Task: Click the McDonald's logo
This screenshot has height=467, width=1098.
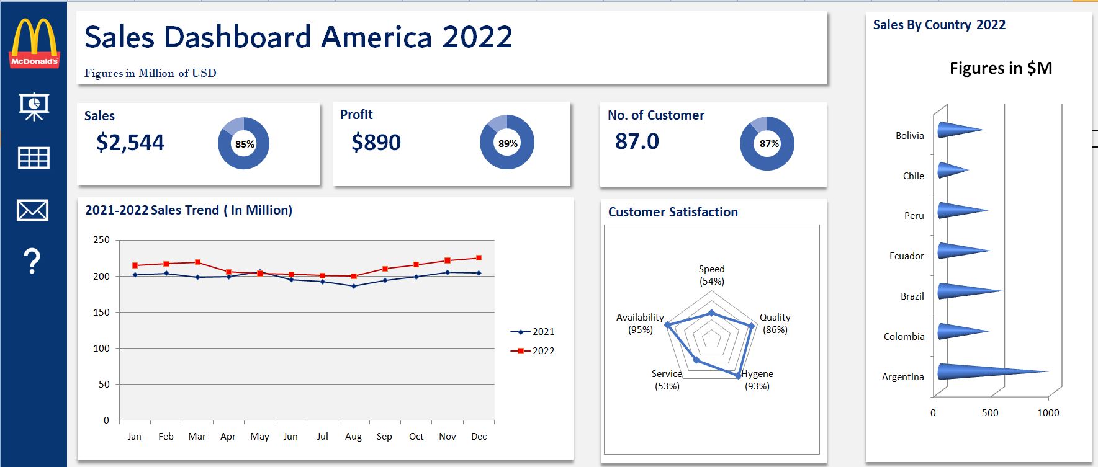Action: [x=34, y=43]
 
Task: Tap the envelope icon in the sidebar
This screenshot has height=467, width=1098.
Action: [x=33, y=210]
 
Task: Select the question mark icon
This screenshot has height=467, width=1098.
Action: [x=32, y=261]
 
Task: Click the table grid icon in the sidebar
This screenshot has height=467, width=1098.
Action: [x=34, y=158]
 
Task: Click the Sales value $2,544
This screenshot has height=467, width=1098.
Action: [x=130, y=143]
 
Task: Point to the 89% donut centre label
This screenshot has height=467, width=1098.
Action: [x=507, y=143]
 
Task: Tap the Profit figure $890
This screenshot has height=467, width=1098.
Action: [x=376, y=143]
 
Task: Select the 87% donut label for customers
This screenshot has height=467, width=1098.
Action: [x=768, y=143]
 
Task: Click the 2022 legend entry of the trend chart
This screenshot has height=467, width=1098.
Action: [x=533, y=350]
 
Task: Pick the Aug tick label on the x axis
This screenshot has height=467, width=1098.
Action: [x=353, y=437]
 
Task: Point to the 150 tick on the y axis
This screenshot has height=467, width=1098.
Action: [x=101, y=313]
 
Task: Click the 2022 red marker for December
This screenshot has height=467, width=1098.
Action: [x=479, y=258]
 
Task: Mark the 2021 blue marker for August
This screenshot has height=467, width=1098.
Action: [x=353, y=286]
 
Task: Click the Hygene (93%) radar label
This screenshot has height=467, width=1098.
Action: [x=757, y=380]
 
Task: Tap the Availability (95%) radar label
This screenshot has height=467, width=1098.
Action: [x=640, y=323]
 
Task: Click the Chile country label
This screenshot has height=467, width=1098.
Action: [x=913, y=176]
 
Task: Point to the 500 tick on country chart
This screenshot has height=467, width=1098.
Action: [x=990, y=413]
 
